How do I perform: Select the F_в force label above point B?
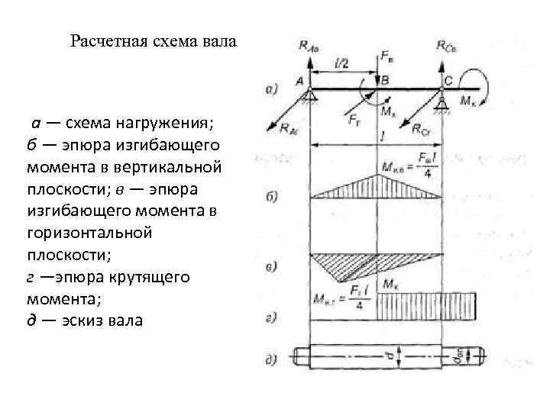pos(387,56)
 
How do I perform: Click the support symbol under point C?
pos(442,100)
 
